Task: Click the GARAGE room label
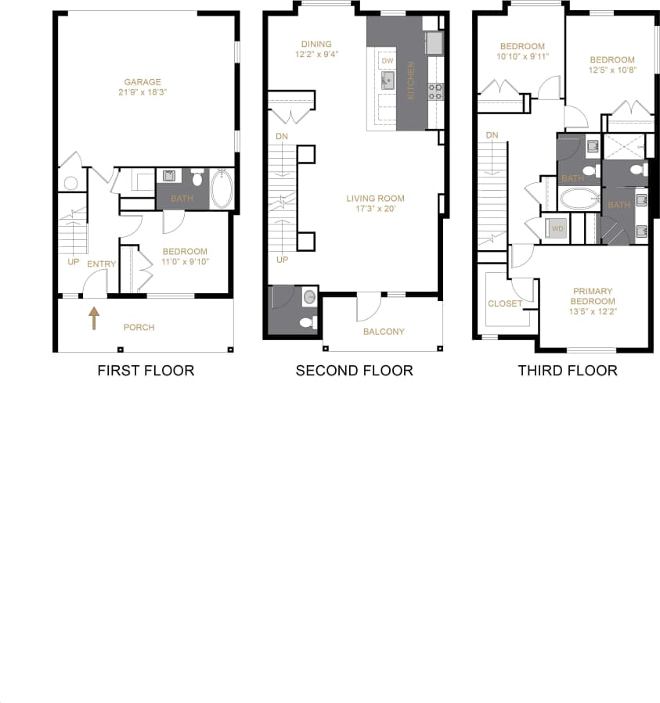coord(142,81)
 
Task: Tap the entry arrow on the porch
coord(94,317)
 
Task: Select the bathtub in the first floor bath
coord(222,188)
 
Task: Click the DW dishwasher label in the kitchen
coord(387,60)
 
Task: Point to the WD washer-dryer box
coord(558,229)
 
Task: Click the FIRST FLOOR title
coord(146,370)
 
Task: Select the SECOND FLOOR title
coord(354,370)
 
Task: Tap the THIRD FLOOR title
coord(567,370)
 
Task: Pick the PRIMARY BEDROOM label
coord(592,296)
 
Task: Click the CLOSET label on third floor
coord(504,303)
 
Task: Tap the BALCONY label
coord(384,332)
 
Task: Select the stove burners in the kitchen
coord(435,91)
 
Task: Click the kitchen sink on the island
coord(388,80)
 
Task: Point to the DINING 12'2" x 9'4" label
coord(316,49)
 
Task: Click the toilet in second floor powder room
coord(308,321)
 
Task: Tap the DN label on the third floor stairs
coord(492,136)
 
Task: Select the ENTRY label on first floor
coord(101,264)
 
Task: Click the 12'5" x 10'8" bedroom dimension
coord(612,70)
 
